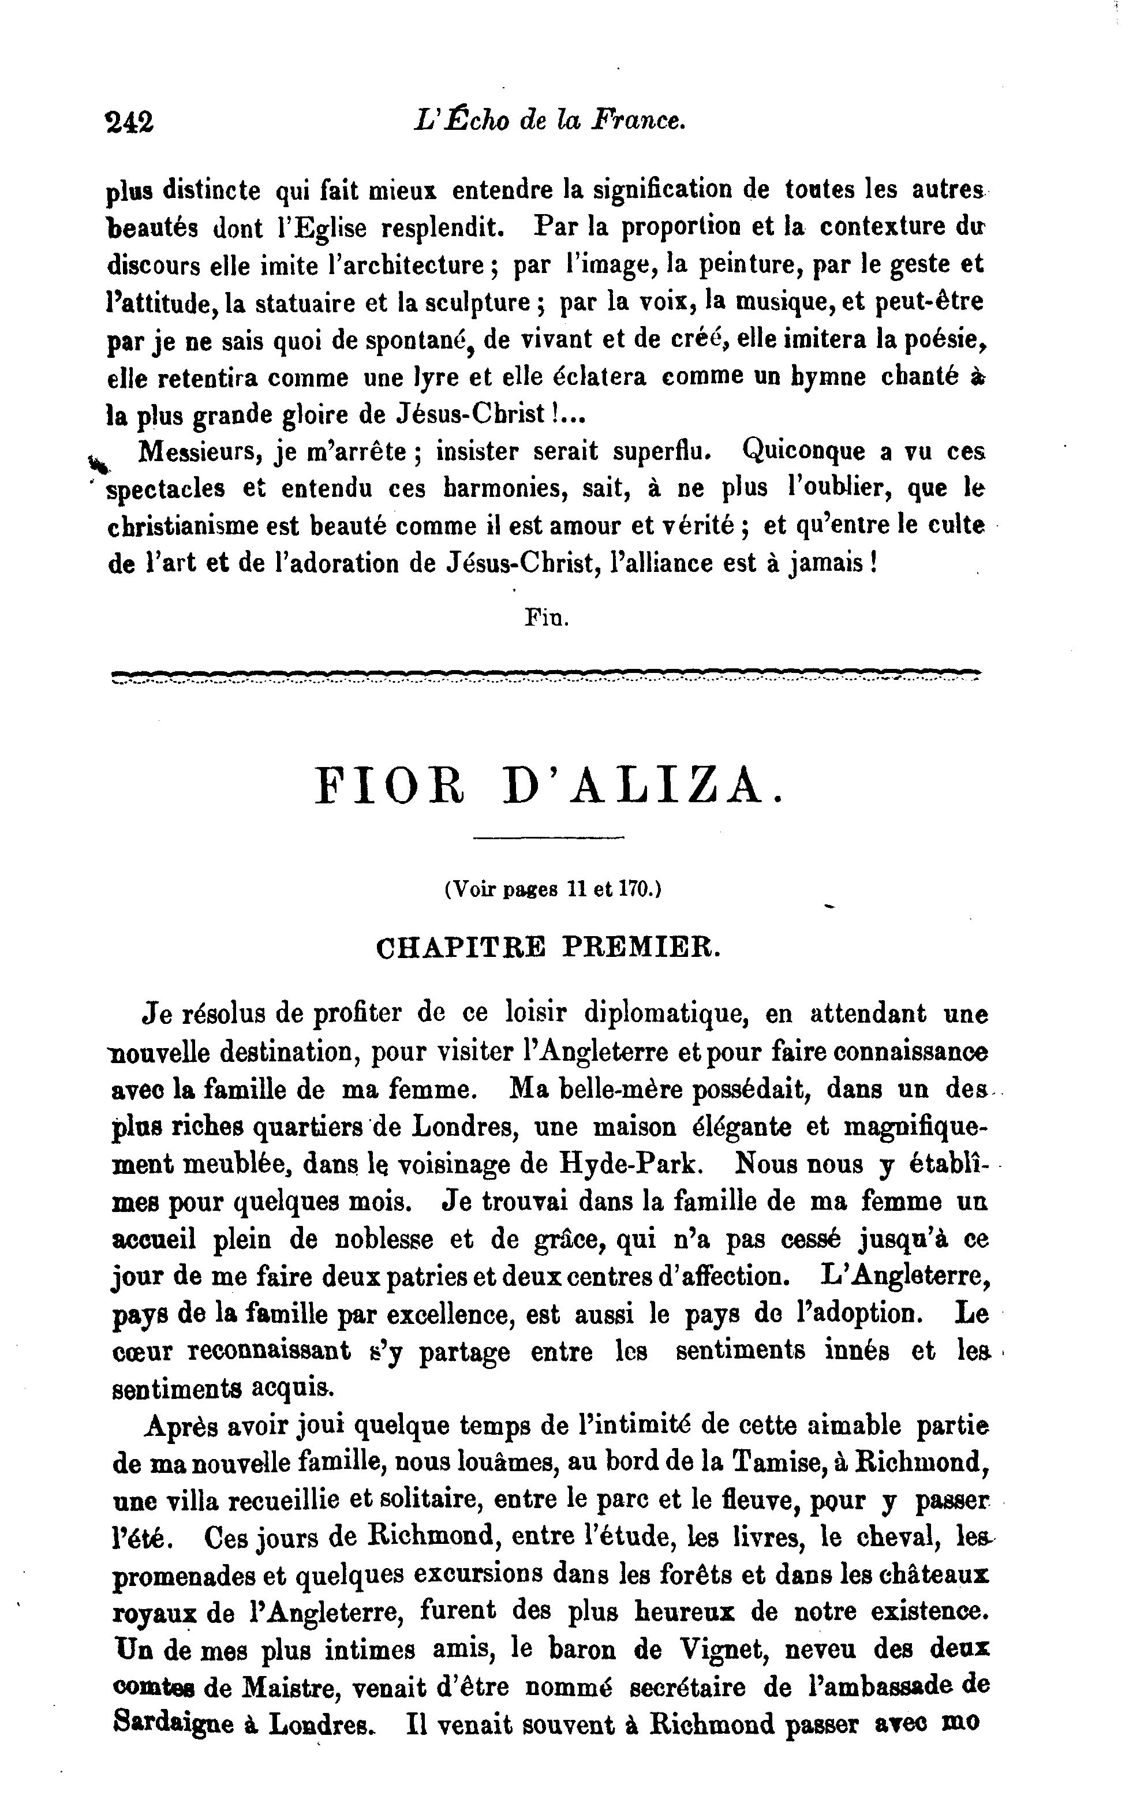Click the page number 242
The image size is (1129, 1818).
point(130,122)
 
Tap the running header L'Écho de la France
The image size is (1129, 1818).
point(549,120)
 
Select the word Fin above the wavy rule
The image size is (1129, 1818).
point(547,618)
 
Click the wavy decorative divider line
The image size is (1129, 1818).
point(545,676)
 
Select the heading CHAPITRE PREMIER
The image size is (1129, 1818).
point(549,948)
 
